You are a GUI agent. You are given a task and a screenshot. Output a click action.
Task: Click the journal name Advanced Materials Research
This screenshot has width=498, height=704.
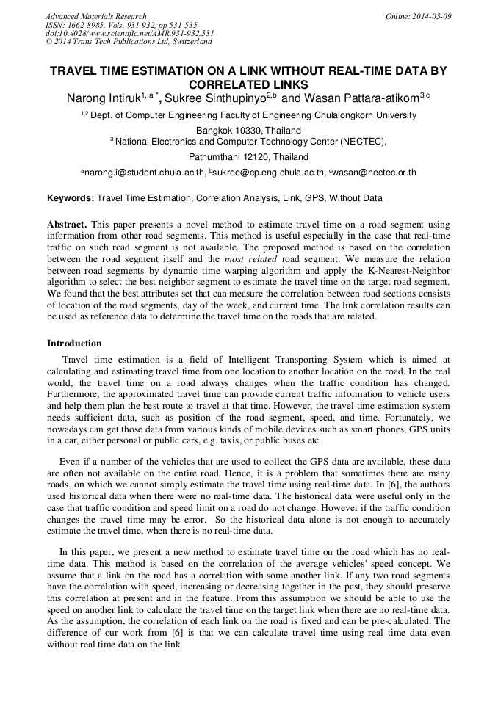[95, 16]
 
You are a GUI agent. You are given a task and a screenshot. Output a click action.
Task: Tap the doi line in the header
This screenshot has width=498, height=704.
[129, 33]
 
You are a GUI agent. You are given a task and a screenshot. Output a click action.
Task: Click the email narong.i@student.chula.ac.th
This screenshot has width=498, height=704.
[144, 173]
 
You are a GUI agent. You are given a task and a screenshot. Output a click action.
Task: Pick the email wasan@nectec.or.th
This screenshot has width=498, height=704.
[375, 173]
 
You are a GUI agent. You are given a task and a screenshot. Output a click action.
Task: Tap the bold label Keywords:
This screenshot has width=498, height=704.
[71, 198]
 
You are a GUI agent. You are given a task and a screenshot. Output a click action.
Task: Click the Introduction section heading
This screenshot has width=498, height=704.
[74, 343]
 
